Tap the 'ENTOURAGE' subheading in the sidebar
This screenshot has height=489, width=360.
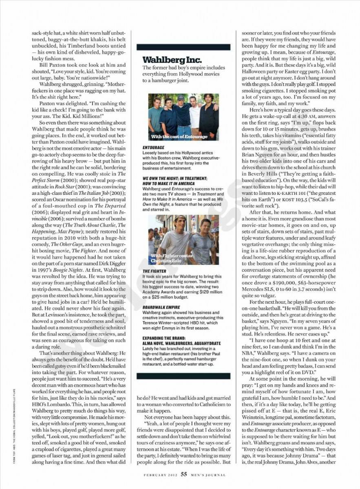pyautogui.click(x=153, y=147)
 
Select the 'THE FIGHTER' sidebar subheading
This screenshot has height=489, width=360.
pyautogui.click(x=154, y=271)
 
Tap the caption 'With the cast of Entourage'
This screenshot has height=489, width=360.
pyautogui.click(x=179, y=137)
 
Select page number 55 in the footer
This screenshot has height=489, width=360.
pyautogui.click(x=184, y=474)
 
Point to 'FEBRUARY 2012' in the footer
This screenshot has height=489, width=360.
pyautogui.click(x=161, y=474)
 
